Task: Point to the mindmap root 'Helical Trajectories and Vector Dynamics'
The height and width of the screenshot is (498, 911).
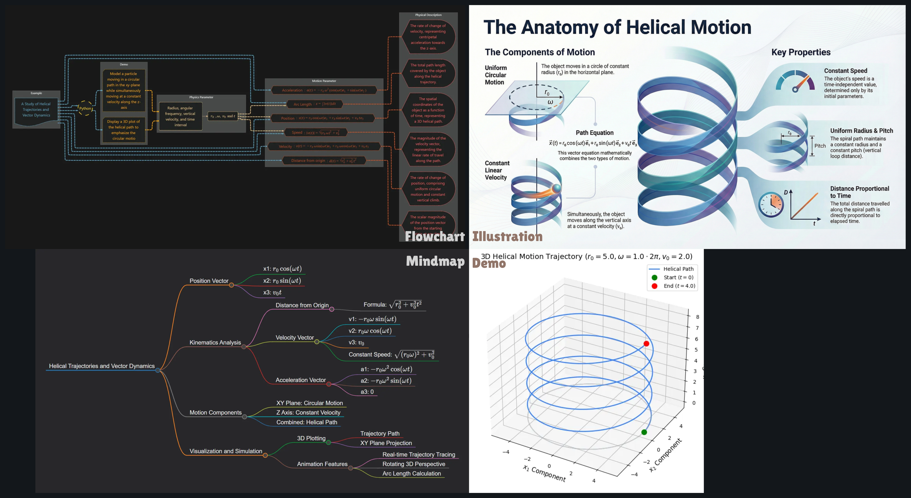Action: (x=102, y=366)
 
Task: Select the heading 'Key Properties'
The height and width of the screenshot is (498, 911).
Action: (x=801, y=52)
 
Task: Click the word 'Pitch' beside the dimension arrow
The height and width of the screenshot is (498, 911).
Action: (x=820, y=146)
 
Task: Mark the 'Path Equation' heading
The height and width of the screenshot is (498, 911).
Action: (x=595, y=133)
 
